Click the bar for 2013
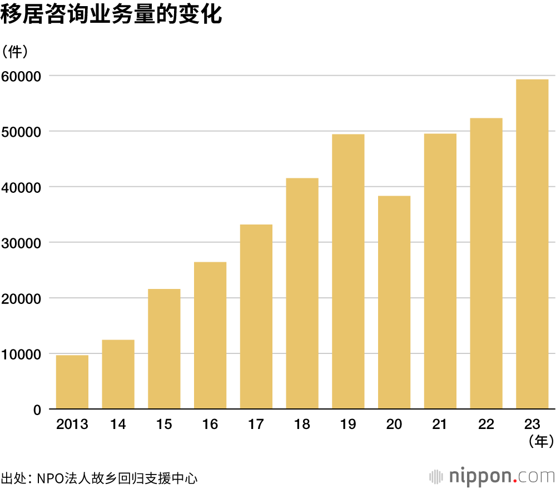(72, 382)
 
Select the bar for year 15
(164, 349)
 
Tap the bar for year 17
(256, 317)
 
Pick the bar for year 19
(348, 272)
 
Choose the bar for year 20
(394, 302)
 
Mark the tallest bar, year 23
(532, 244)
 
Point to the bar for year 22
(486, 263)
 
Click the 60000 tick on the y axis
(22, 76)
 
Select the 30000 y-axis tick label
(22, 243)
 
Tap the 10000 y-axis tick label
(22, 354)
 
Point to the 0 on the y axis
(37, 410)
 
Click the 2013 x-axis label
(72, 425)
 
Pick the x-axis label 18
(302, 425)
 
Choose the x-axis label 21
(440, 425)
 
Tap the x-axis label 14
(118, 425)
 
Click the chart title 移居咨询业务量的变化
(112, 15)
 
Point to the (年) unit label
(540, 442)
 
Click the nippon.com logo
(493, 476)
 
